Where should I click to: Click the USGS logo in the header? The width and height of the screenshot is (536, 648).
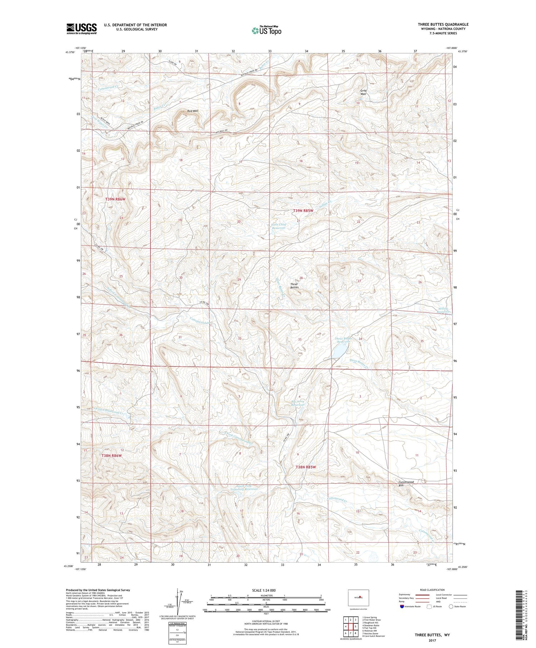pos(81,29)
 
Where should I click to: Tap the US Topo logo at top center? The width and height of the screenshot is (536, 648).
pos(266,31)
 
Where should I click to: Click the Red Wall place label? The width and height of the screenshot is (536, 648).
pos(193,111)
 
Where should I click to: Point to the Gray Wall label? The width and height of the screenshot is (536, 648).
pos(363,92)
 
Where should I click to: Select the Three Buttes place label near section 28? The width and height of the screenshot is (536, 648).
pos(294,286)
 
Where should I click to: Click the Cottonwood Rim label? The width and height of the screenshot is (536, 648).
pos(406,484)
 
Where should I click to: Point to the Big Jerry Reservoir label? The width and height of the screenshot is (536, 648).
pos(298,403)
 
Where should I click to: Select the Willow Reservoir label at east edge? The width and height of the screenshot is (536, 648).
pos(444,310)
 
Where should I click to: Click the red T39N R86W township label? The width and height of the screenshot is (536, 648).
pos(115,199)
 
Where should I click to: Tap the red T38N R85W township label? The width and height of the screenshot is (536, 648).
pos(306,467)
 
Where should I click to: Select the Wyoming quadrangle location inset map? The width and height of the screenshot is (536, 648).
pos(358,598)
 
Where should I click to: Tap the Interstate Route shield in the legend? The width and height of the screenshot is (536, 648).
pos(402,607)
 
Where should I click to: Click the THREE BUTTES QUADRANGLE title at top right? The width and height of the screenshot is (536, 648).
pos(443,24)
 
